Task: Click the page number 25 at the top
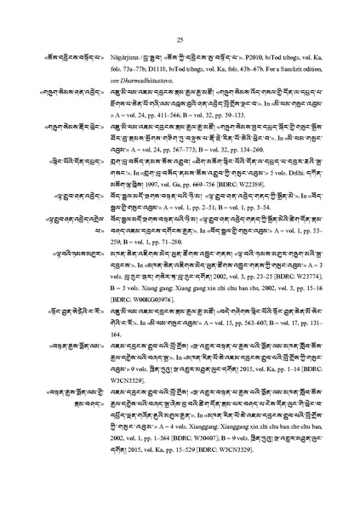pos(180,38)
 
